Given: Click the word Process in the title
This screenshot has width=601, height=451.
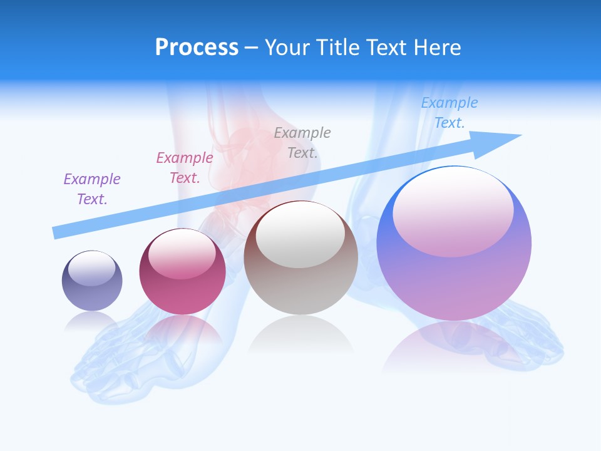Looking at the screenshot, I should [x=197, y=48].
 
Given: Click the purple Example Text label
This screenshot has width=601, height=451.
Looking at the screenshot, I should [x=92, y=189].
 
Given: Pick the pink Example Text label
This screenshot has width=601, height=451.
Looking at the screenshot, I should [x=184, y=168].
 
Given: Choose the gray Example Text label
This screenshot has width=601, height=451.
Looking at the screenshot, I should [x=302, y=142].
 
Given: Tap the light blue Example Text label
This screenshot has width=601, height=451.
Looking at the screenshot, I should [x=449, y=113].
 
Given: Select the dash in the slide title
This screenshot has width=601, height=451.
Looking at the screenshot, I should [x=251, y=48].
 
